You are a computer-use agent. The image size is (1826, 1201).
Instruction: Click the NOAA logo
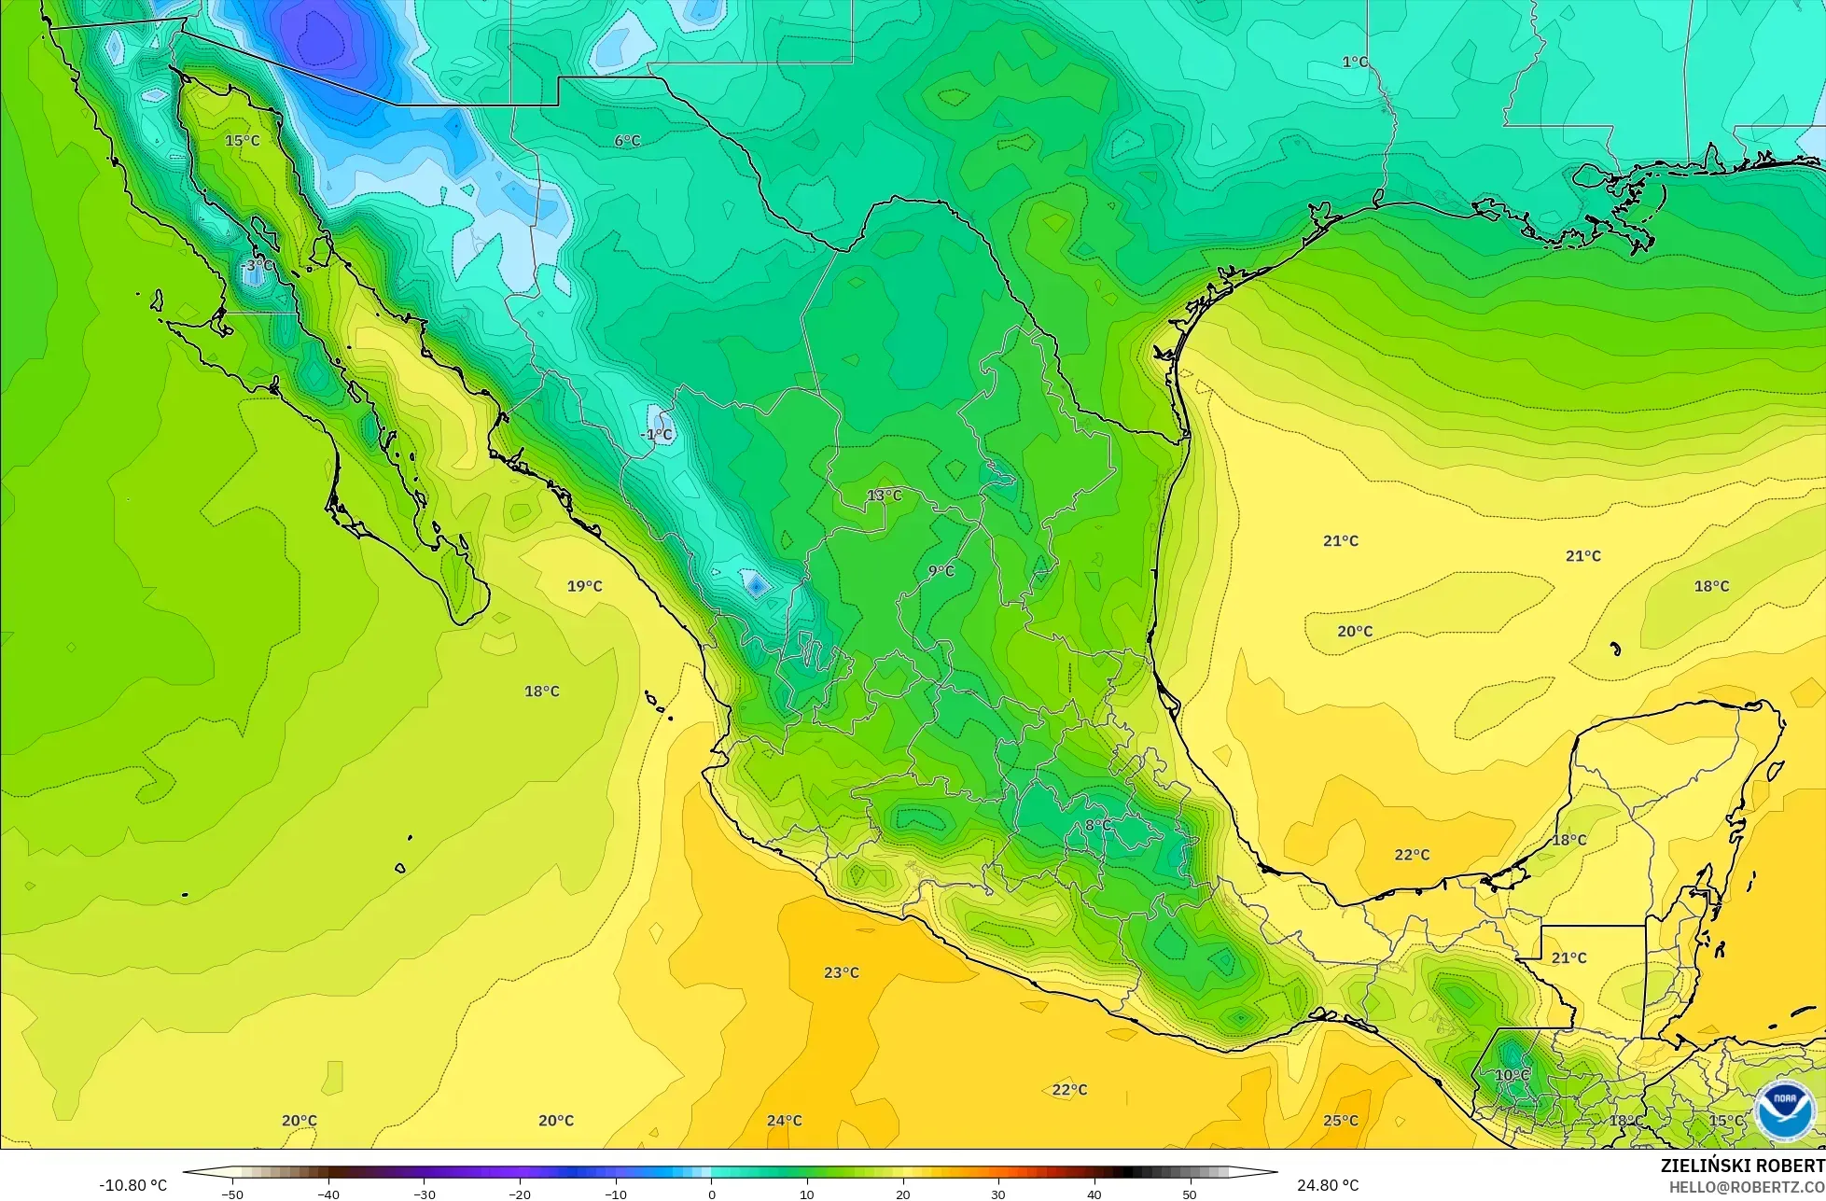[x=1783, y=1110]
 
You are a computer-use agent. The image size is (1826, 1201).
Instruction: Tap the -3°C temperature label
[x=258, y=265]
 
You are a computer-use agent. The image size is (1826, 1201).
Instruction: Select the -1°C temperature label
[x=656, y=435]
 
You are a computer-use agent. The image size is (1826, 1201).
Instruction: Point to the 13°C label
[x=885, y=495]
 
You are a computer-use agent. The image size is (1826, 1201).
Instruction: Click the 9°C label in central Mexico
[x=941, y=570]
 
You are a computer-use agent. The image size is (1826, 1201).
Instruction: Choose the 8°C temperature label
[x=1098, y=825]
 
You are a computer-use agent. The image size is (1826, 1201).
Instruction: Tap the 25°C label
[x=1340, y=1120]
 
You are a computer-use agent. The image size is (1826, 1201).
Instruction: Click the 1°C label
[x=1355, y=62]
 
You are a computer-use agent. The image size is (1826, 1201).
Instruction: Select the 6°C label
[x=627, y=140]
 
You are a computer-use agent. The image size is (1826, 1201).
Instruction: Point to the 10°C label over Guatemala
[x=1512, y=1075]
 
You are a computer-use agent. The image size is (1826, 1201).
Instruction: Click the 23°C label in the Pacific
[x=841, y=972]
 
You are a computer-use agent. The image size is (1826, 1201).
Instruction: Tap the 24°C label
[x=784, y=1120]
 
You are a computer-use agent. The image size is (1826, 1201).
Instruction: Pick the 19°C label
[x=584, y=586]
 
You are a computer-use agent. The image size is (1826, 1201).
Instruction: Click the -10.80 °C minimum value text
[x=133, y=1185]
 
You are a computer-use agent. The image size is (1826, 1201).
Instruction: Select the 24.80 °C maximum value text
[x=1328, y=1185]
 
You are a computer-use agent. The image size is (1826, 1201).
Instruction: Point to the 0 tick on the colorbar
[x=711, y=1194]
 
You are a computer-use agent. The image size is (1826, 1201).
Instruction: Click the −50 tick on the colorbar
[x=231, y=1194]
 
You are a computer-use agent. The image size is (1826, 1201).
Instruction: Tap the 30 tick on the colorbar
[x=997, y=1194]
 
